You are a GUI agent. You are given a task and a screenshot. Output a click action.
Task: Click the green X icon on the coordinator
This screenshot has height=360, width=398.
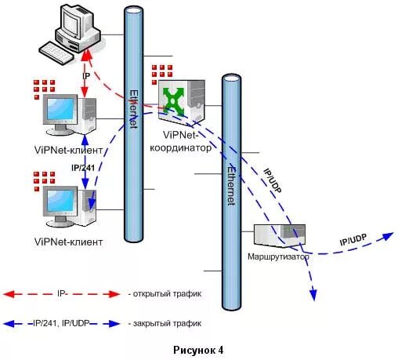click(x=173, y=100)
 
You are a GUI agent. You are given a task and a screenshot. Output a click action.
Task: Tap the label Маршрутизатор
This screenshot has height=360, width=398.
click(x=278, y=256)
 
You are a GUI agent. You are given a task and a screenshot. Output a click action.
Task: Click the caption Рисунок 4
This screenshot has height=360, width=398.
click(x=198, y=350)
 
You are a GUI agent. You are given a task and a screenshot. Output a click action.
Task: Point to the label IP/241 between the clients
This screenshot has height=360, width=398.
click(x=83, y=167)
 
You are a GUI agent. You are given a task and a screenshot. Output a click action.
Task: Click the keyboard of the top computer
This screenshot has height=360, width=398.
click(x=56, y=53)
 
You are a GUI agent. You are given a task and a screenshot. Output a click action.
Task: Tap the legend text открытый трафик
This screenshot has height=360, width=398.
click(x=167, y=294)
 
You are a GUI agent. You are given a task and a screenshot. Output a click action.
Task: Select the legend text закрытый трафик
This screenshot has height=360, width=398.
click(x=167, y=324)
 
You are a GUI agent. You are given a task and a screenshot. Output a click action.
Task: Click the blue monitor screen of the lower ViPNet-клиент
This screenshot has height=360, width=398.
click(x=60, y=201)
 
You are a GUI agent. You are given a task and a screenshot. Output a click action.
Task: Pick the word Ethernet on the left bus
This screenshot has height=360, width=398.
click(x=134, y=109)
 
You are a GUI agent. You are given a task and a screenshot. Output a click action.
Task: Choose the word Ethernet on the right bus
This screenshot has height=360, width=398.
click(x=231, y=186)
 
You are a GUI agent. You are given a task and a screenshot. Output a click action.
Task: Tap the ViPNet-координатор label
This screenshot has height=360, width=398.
click(x=180, y=141)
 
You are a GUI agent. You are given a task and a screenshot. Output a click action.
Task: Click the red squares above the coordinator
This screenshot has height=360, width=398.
click(x=162, y=75)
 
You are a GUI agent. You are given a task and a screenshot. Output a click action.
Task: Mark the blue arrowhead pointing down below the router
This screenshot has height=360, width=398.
click(x=313, y=295)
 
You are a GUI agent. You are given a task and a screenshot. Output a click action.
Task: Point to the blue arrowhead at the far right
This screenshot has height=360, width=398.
click(x=388, y=236)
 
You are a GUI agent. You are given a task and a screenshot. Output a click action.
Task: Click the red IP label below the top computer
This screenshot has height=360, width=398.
click(x=86, y=76)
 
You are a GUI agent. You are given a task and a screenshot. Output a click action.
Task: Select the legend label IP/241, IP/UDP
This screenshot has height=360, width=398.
click(x=61, y=324)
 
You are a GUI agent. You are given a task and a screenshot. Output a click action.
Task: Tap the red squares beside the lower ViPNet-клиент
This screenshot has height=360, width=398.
click(x=44, y=181)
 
